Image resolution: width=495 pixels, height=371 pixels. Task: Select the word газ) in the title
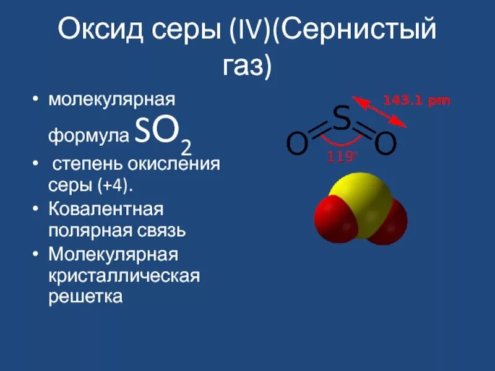pos(247,66)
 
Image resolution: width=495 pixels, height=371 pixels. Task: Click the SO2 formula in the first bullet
pos(162,132)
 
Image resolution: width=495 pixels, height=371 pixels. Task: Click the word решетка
pos(86,297)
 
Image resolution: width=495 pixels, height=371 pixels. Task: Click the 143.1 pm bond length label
pos(416,100)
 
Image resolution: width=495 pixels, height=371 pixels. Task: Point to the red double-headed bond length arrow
pos(379,111)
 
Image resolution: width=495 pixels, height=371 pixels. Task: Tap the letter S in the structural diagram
pos(342,119)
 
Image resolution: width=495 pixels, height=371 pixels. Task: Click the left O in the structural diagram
pos(297,145)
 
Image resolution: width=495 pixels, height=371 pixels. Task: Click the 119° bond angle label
pos(342,157)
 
